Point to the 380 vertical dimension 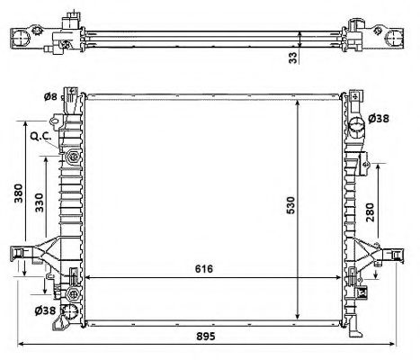[x=18, y=195]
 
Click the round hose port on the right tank [x=355, y=120]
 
